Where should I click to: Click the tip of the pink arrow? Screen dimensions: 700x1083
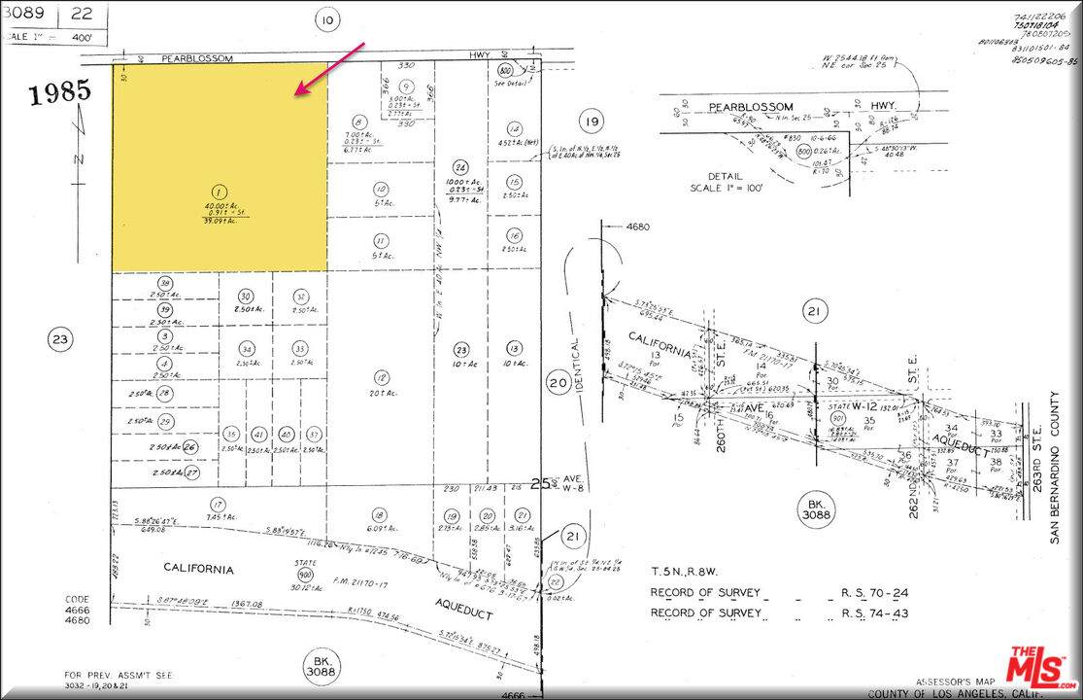coord(296,94)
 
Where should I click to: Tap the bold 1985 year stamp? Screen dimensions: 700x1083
coord(59,93)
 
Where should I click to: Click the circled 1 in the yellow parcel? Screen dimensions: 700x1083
coord(220,192)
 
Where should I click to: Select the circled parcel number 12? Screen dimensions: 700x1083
coord(382,377)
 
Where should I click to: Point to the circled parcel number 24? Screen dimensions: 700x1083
coord(461,166)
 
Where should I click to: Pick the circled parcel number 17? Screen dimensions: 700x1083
coord(219,504)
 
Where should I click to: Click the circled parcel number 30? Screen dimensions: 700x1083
coord(246,297)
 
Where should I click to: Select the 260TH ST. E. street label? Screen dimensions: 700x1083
coord(722,369)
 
